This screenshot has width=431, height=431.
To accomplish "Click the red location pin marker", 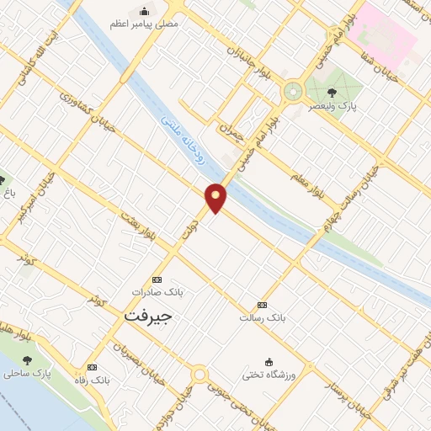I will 216,197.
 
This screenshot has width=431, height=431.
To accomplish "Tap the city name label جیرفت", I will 147,316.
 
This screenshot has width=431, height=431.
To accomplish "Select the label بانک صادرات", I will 157,292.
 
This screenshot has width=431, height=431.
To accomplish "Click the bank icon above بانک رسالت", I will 263,305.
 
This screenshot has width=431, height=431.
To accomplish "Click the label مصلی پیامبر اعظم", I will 146,24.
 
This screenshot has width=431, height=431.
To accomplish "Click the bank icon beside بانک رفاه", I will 91,368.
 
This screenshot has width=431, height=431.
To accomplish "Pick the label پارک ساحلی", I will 49,371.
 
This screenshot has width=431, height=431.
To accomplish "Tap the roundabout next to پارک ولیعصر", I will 293,89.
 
